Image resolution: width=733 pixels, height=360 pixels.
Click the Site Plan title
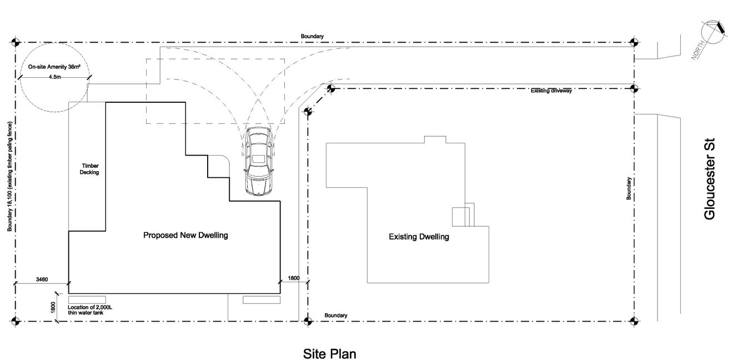click(329, 354)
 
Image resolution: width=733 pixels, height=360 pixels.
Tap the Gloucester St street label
click(710, 179)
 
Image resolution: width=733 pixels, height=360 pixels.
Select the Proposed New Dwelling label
click(185, 235)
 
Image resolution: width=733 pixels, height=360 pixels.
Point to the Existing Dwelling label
click(419, 237)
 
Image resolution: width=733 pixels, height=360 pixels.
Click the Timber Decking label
click(89, 169)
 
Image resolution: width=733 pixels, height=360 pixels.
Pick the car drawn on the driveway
click(258, 161)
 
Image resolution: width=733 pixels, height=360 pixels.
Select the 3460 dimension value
click(42, 279)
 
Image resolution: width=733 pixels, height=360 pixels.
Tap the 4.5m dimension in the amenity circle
click(54, 77)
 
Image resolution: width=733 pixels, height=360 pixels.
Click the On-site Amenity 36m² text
click(54, 67)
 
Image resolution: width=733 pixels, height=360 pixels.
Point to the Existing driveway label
click(551, 91)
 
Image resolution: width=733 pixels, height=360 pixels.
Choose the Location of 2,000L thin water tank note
click(90, 310)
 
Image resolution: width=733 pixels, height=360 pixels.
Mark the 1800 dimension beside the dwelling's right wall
click(294, 278)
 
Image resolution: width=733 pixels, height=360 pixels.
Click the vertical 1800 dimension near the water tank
click(53, 307)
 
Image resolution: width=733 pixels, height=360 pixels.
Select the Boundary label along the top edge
click(312, 36)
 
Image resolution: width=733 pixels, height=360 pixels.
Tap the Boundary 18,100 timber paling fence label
click(9, 177)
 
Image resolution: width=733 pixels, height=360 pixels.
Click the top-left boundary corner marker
click(16, 42)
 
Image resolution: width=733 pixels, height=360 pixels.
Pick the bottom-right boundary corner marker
click(634, 321)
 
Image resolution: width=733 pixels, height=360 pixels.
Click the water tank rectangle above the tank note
click(87, 300)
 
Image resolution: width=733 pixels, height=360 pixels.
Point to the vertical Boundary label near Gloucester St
click(629, 188)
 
